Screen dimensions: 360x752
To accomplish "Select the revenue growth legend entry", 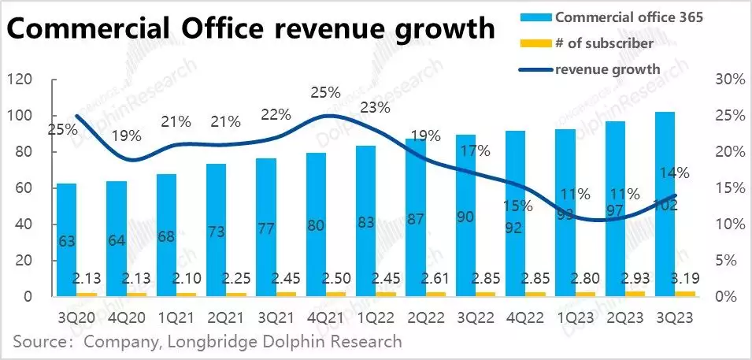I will point(607,69).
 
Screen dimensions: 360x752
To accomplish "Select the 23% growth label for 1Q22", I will point(376,107).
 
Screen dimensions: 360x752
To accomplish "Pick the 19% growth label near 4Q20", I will point(125,135).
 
